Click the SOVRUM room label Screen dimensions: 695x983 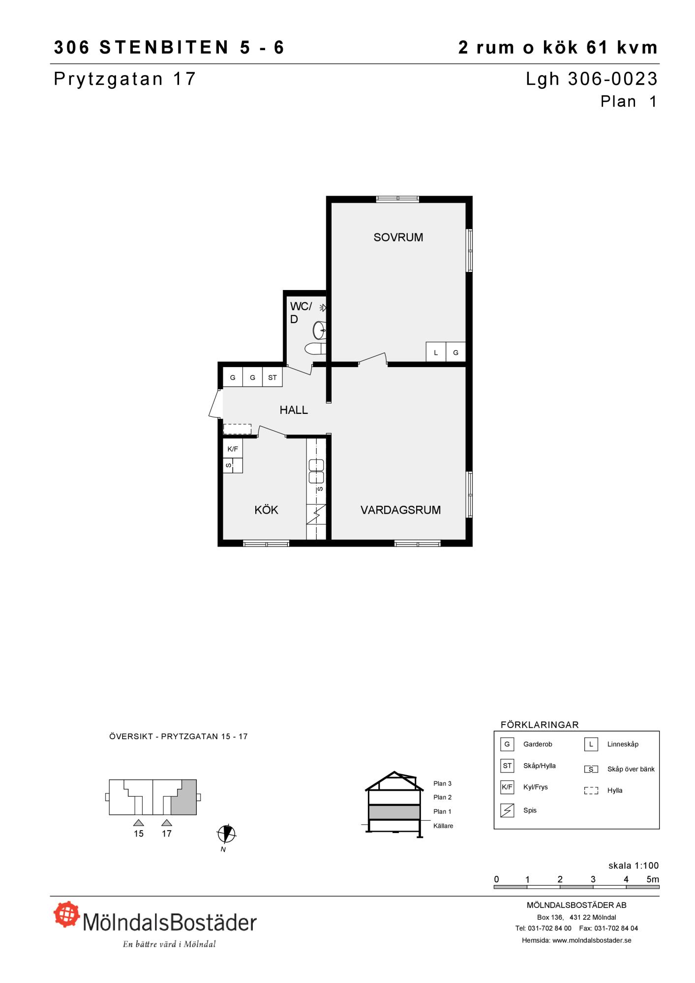pyautogui.click(x=398, y=237)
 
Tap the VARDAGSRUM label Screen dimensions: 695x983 pyautogui.click(x=400, y=510)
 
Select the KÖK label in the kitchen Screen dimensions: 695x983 pyautogui.click(x=266, y=510)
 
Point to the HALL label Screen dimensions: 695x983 pyautogui.click(x=294, y=410)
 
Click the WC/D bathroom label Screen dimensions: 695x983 pyautogui.click(x=301, y=313)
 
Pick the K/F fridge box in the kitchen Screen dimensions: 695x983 pyautogui.click(x=233, y=449)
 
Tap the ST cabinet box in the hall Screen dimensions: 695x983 pyautogui.click(x=272, y=377)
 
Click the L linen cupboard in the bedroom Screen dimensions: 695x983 pyautogui.click(x=436, y=352)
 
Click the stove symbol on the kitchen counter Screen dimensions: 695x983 pyautogui.click(x=316, y=515)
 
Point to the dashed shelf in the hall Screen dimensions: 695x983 pyautogui.click(x=237, y=429)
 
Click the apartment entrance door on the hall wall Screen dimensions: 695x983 pyautogui.click(x=215, y=404)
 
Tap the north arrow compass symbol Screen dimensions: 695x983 pyautogui.click(x=226, y=833)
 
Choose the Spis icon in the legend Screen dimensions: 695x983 pyautogui.click(x=507, y=810)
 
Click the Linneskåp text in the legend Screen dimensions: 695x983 pyautogui.click(x=623, y=744)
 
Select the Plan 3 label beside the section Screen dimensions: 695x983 pyautogui.click(x=442, y=783)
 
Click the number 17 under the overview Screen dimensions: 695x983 pyautogui.click(x=167, y=834)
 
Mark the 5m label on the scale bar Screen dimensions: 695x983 pyautogui.click(x=653, y=879)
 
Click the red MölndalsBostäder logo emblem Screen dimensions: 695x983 pyautogui.click(x=67, y=914)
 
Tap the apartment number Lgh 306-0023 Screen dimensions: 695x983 pyautogui.click(x=592, y=79)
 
